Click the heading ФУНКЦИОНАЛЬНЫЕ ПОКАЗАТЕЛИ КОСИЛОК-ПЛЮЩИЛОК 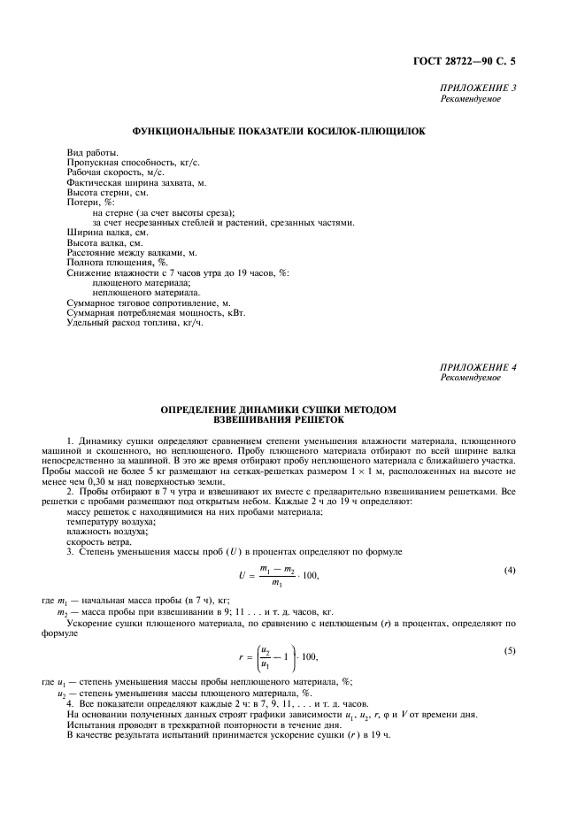pyautogui.click(x=278, y=131)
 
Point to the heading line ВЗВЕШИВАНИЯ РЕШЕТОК pyautogui.click(x=278, y=420)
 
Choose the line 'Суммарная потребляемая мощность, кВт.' pyautogui.click(x=156, y=311)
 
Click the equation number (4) pyautogui.click(x=510, y=571)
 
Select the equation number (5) pyautogui.click(x=510, y=650)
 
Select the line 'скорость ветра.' pyautogui.click(x=98, y=542)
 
